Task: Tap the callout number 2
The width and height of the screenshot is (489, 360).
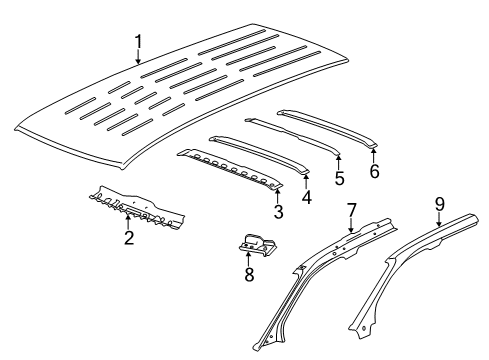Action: click(x=128, y=237)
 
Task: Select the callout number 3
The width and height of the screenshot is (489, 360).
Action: click(x=278, y=211)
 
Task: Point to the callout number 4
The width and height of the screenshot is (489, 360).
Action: click(x=306, y=197)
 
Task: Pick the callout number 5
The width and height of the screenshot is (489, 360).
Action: click(x=339, y=180)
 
